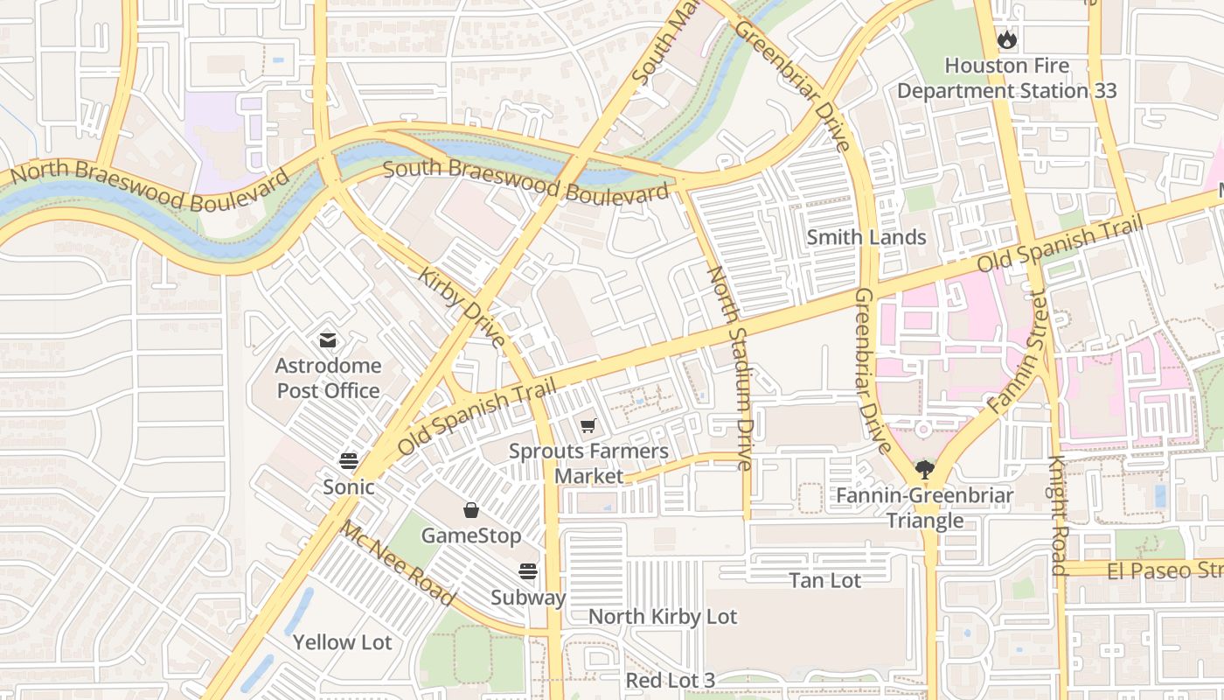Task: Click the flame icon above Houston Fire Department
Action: click(x=1007, y=39)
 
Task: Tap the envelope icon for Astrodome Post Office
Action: click(x=328, y=339)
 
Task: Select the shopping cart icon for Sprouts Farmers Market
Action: click(x=588, y=426)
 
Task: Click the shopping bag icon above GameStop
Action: click(x=471, y=510)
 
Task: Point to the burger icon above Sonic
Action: click(x=349, y=461)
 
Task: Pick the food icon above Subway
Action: click(x=527, y=571)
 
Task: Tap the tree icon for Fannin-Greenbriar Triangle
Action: click(x=925, y=470)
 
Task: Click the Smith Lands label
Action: click(x=866, y=237)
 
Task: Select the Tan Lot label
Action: click(x=824, y=580)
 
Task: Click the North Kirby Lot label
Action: click(x=663, y=617)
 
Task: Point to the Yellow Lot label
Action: click(x=342, y=642)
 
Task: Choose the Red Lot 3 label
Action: click(x=670, y=681)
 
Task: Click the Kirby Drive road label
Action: click(x=462, y=308)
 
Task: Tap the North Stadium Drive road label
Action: click(x=731, y=367)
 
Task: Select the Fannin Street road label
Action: click(x=1017, y=354)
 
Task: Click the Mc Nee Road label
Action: click(x=398, y=563)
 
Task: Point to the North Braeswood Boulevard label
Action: click(x=149, y=185)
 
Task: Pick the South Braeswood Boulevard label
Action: click(x=527, y=179)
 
